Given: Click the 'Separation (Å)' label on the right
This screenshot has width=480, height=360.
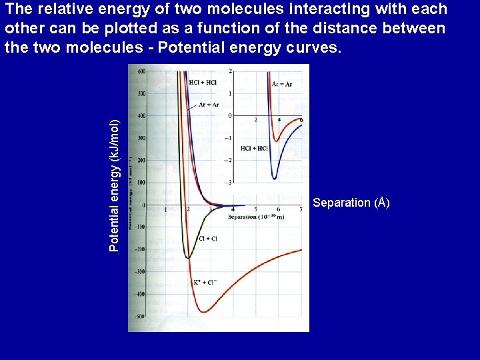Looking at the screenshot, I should (x=351, y=203).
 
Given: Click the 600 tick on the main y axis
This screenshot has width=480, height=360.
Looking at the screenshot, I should (x=141, y=71).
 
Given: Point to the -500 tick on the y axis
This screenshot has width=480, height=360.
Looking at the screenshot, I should (x=140, y=317).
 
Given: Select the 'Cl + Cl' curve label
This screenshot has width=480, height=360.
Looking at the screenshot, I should (x=208, y=239).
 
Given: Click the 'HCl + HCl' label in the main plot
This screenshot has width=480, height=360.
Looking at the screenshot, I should (x=202, y=82).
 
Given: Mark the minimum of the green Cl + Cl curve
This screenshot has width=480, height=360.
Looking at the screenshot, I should (x=189, y=258).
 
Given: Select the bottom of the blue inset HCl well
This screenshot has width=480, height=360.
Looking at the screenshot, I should (x=274, y=179).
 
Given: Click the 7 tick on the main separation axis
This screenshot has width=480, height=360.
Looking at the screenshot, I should (x=301, y=210).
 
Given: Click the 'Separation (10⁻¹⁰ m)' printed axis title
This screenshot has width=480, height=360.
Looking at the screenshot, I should (x=255, y=217).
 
